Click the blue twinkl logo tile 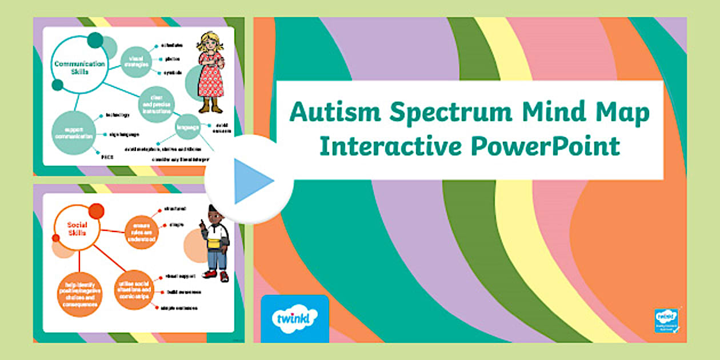point(294,318)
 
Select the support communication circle point(72,134)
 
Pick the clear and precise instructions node point(156,104)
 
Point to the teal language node point(187,127)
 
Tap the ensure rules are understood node point(141,229)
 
